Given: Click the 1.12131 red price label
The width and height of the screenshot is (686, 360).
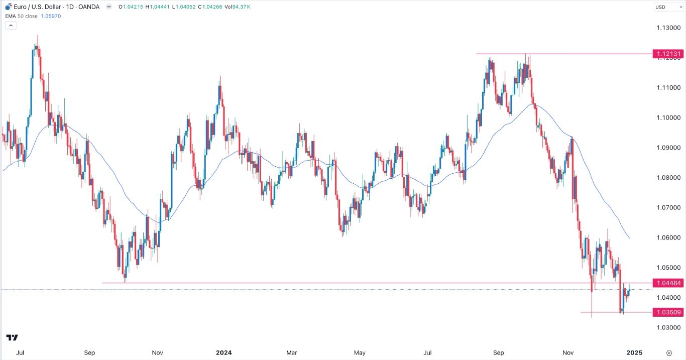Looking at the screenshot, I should click(667, 54).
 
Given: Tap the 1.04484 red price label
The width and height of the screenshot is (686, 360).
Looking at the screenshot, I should click(667, 283).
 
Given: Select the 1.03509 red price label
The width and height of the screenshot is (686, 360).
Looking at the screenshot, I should click(667, 312).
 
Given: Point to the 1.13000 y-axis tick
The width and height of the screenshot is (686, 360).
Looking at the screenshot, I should click(667, 28).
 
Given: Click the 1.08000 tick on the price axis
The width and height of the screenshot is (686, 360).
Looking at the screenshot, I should click(667, 178).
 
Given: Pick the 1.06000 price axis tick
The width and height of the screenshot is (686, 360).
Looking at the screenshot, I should click(667, 237).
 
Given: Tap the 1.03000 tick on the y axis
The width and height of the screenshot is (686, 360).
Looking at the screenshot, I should click(667, 327).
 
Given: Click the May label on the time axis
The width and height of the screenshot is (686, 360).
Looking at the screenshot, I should click(360, 352).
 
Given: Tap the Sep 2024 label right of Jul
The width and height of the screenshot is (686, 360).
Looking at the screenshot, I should click(498, 352).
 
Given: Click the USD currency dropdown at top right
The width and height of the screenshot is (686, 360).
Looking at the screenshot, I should click(667, 7).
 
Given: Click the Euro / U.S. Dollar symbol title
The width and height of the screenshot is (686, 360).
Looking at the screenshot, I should click(36, 7).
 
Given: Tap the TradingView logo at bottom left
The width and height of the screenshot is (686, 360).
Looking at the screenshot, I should click(12, 338).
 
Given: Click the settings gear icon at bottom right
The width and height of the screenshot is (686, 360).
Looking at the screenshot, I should click(669, 352).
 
